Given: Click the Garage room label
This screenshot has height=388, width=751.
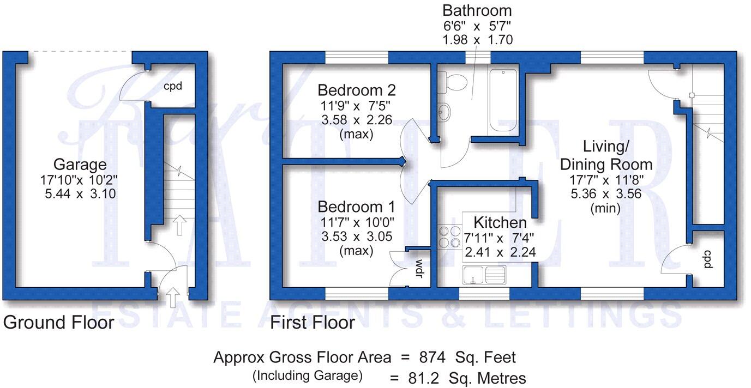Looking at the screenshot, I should point(80,164).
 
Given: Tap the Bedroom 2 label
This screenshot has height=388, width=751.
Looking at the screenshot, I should point(357,90).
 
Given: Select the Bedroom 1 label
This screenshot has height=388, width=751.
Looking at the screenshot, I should point(356,207).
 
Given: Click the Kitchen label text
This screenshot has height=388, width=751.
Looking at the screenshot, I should point(500,222).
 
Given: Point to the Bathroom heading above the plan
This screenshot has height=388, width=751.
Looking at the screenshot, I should point(477,10).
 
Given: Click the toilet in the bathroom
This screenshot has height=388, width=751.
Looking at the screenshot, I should point(455,82).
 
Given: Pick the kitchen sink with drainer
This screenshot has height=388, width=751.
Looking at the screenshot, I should point(484,275).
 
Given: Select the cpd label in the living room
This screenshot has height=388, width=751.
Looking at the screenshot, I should point(707,259).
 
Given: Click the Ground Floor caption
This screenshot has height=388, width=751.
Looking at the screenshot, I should point(59,322).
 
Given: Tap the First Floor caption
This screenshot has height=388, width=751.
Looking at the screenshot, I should point(313,322).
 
